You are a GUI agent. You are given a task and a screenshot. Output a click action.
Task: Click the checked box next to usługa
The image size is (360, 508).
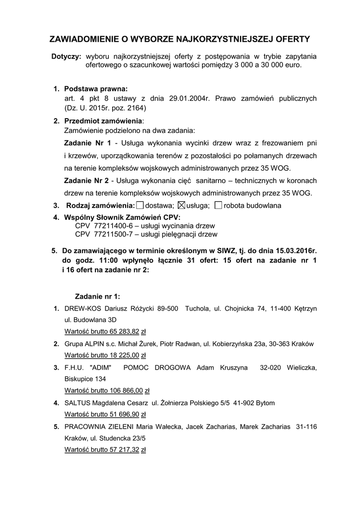[181, 205]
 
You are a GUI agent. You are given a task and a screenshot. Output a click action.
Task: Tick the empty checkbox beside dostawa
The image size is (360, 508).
[140, 205]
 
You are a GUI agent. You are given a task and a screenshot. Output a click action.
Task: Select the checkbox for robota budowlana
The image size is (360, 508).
[219, 205]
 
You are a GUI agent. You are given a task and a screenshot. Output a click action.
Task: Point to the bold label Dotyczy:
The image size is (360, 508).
[67, 57]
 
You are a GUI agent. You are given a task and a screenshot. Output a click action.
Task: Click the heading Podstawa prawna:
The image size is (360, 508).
[96, 89]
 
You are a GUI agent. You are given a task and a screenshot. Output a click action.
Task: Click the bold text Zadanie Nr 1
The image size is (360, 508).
[88, 143]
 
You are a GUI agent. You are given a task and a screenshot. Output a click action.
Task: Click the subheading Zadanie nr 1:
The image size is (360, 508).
[97, 296]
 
